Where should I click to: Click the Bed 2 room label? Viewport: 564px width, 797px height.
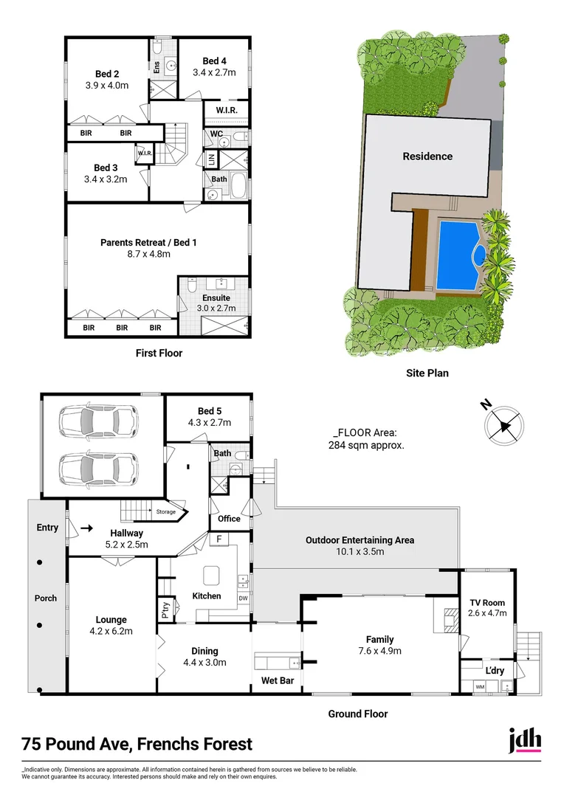click(x=107, y=74)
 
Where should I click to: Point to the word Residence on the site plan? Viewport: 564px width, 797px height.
click(x=427, y=156)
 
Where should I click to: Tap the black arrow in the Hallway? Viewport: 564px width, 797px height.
click(x=87, y=528)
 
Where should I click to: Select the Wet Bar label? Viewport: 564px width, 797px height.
click(x=277, y=680)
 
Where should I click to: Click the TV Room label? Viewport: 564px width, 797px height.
click(x=487, y=603)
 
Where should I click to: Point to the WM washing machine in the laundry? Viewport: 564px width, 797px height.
click(x=480, y=687)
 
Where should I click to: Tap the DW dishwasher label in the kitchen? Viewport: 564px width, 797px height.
click(x=243, y=598)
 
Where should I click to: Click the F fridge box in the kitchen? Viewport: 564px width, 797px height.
click(x=219, y=539)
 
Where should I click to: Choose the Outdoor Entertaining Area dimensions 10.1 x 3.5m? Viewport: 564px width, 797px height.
click(x=360, y=551)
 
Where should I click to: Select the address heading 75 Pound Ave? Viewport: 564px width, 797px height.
click(x=137, y=744)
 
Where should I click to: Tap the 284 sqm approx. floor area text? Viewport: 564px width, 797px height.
click(x=365, y=445)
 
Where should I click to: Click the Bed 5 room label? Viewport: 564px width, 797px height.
click(x=209, y=411)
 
